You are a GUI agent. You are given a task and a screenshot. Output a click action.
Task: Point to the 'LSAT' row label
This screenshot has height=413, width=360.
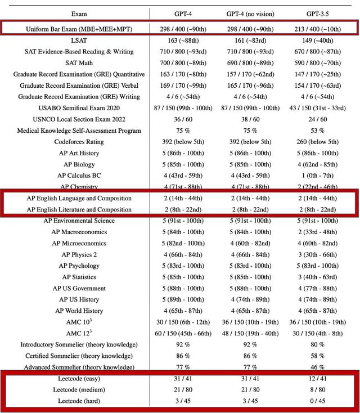pyautogui.click(x=79, y=41)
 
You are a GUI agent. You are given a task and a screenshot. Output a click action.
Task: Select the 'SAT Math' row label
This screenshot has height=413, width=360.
pyautogui.click(x=79, y=63)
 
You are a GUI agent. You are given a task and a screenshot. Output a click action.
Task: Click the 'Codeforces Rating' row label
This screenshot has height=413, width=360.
pyautogui.click(x=79, y=142)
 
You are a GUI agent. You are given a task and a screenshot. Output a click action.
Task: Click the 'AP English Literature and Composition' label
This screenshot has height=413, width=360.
pyautogui.click(x=79, y=209)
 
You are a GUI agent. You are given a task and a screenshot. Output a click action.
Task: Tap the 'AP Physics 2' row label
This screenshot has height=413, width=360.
pyautogui.click(x=79, y=254)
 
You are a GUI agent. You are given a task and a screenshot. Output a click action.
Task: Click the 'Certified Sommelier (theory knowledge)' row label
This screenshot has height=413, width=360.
pyautogui.click(x=79, y=356)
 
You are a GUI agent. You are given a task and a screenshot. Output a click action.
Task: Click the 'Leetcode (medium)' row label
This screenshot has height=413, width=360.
pyautogui.click(x=79, y=389)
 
